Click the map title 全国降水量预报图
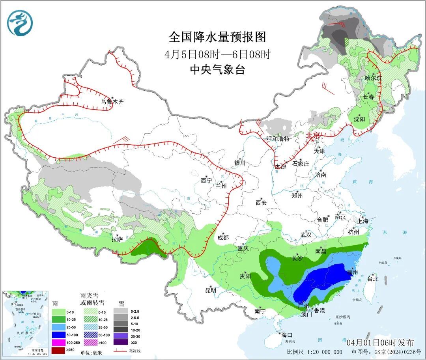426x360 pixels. tap(217, 37)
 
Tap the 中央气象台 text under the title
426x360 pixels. tap(217, 70)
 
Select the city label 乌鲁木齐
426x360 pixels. tap(112, 102)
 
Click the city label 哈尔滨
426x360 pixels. tap(373, 78)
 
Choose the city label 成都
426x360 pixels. tap(223, 237)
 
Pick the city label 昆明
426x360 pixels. tap(211, 290)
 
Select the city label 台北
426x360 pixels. tap(372, 278)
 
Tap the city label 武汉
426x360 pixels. tap(306, 235)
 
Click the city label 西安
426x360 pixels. tap(261, 203)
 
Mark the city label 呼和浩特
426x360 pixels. tap(278, 138)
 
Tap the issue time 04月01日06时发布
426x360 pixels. tap(380, 342)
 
